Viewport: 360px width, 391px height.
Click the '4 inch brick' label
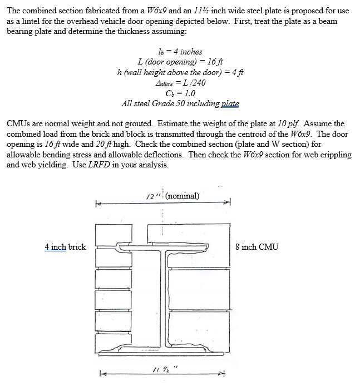tap(65, 247)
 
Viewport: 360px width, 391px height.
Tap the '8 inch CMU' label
tap(257, 247)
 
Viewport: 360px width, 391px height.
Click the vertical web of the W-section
tap(162, 295)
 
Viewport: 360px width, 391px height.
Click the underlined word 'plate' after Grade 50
tap(230, 103)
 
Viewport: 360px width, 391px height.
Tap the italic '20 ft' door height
tap(102, 144)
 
